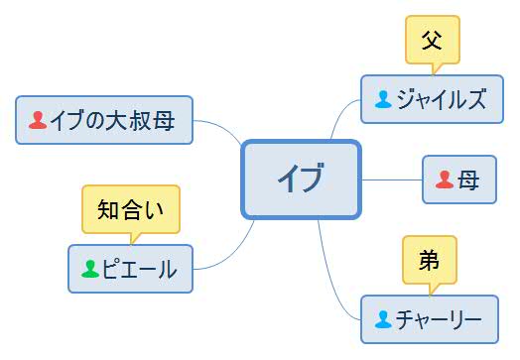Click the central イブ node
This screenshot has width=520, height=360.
(300, 179)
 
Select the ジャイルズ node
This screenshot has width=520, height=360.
(426, 99)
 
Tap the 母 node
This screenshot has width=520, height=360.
(458, 180)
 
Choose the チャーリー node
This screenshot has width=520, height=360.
(427, 319)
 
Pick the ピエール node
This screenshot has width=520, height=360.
(130, 269)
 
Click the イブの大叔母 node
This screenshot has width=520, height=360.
(103, 120)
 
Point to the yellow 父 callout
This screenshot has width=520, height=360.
(432, 41)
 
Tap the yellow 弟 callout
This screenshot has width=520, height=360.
(429, 260)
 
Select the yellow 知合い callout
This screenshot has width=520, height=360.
(130, 208)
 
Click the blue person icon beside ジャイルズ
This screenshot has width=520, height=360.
(383, 99)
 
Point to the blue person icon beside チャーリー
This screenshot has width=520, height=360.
(383, 319)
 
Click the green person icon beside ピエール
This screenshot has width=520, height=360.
(89, 269)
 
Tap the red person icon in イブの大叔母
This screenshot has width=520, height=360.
(38, 120)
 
